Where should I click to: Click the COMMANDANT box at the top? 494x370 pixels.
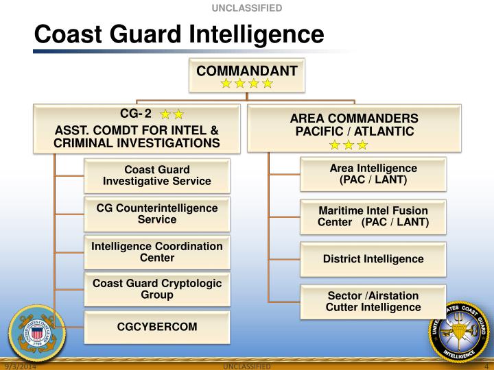pos(247,75)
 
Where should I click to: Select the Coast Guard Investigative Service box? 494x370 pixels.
pos(157,175)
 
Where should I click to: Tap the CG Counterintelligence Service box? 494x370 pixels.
pos(157,214)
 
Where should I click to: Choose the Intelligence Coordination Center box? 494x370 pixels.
pos(157,252)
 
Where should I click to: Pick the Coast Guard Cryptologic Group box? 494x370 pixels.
pos(157,289)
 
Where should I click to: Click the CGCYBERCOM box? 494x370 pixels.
pos(157,327)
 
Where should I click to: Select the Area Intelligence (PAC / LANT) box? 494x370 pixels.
pos(373,174)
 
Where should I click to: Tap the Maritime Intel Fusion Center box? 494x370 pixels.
pos(373,216)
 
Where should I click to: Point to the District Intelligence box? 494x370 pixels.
pos(373,259)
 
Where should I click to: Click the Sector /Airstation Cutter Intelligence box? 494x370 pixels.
pos(373,301)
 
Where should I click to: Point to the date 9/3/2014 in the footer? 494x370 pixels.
pos(19,366)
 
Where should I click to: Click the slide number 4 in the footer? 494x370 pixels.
pos(485,366)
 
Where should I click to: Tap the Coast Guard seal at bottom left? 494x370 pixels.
pos(36,334)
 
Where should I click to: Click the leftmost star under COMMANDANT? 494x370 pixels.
pos(226,84)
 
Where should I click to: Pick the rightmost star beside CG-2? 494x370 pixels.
pos(178,114)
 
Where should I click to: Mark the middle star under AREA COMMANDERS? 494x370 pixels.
pos(349,145)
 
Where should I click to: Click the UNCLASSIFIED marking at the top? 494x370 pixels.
pos(246,8)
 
